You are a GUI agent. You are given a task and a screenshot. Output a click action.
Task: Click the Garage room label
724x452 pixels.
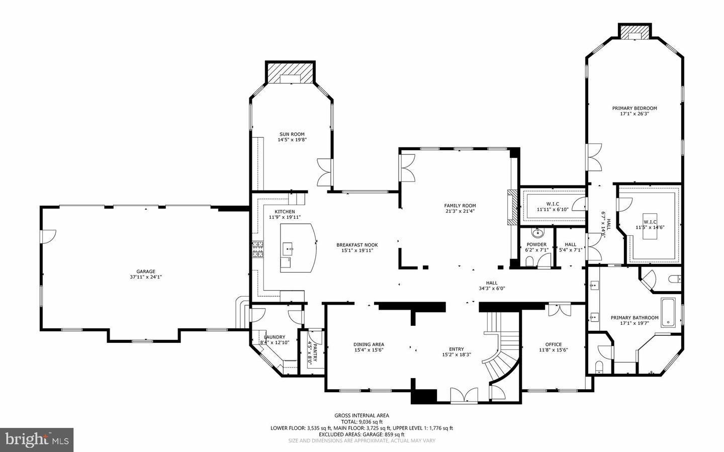pyautogui.click(x=145, y=272)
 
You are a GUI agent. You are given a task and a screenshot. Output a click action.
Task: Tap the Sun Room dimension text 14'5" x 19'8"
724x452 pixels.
pyautogui.click(x=292, y=140)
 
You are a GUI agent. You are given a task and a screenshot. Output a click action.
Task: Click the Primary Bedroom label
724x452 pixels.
pyautogui.click(x=634, y=108)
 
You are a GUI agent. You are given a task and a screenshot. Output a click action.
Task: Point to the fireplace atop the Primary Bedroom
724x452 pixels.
pyautogui.click(x=634, y=32)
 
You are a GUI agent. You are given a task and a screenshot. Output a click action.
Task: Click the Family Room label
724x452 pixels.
pyautogui.click(x=460, y=206)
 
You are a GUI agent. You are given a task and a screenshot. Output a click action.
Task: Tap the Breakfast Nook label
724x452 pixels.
pyautogui.click(x=357, y=245)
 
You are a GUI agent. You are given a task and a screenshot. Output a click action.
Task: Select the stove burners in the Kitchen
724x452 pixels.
pyautogui.click(x=258, y=249)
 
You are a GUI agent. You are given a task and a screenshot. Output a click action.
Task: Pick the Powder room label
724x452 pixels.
pyautogui.click(x=536, y=244)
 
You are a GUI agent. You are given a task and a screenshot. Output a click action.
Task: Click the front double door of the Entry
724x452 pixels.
pyautogui.click(x=464, y=395)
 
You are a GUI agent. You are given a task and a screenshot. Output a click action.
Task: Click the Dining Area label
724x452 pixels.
pyautogui.click(x=369, y=344)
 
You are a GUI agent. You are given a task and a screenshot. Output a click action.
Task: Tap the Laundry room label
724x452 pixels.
pyautogui.click(x=275, y=337)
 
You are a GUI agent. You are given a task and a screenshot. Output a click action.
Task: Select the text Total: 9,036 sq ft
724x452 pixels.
pyautogui.click(x=361, y=422)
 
